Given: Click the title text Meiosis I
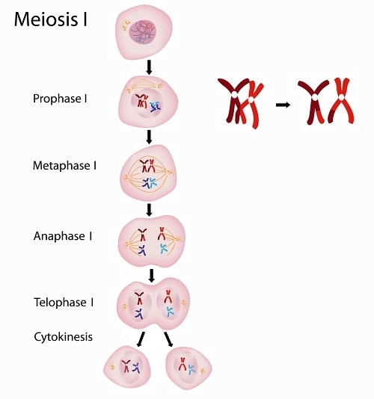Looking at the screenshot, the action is coord(51,19).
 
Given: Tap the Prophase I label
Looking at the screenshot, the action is coord(60,99).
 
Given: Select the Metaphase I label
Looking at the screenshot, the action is coord(65,166).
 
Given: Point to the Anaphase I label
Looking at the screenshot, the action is coord(63,236).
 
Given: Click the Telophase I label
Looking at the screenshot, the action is coord(64,303).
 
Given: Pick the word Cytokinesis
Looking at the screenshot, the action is coord(63,337).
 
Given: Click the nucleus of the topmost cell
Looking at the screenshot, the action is coord(142,32).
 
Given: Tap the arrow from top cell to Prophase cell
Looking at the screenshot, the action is coord(150,67).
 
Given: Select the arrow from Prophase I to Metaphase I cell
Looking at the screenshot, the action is coord(150,137).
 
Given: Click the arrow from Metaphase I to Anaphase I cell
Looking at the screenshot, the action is coord(150,210).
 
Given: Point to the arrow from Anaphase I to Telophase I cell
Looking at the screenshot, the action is coord(152,275).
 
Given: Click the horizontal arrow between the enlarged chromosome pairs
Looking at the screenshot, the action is coord(283,105).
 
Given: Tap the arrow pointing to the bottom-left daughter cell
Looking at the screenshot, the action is coord(141,339).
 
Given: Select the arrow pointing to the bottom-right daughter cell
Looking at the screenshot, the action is coord(168,339).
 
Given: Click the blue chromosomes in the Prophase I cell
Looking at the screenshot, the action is coord(155,107).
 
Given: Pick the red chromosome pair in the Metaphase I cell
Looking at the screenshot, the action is coord(148,166).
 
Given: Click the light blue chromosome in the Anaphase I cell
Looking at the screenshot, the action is coord(164,249).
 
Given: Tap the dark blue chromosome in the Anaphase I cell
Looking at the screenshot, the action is coord(141,250).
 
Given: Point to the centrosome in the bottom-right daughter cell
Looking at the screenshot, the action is coord(203,372).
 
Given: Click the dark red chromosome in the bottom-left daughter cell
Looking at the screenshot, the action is coord(126,366).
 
